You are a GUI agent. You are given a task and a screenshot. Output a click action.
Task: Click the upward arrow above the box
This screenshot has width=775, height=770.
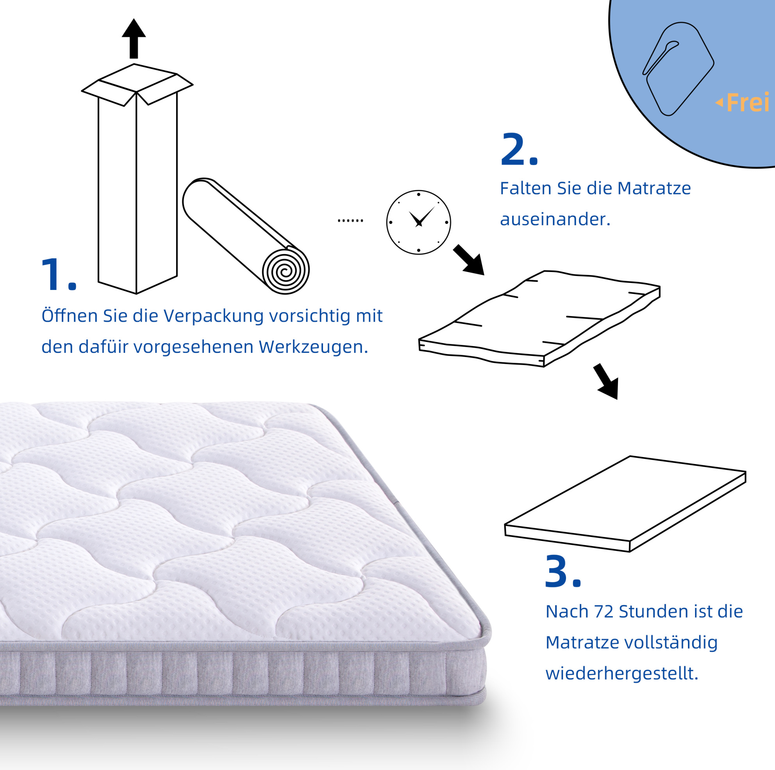[x=134, y=39]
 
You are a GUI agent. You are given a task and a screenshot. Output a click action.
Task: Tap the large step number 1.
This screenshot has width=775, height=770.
[x=59, y=275]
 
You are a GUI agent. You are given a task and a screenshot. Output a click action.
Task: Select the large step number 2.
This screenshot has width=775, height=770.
[x=519, y=149]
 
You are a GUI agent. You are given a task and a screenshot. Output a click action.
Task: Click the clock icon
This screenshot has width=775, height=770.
[x=418, y=222]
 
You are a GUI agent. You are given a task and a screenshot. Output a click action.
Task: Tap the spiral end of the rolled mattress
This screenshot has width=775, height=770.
[x=286, y=271]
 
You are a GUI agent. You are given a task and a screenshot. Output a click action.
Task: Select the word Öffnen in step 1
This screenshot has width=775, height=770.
[x=70, y=315]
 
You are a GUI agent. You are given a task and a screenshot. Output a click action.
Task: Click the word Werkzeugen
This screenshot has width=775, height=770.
[x=313, y=347]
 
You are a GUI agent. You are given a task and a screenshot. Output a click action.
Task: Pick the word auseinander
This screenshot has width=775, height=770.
[x=555, y=219]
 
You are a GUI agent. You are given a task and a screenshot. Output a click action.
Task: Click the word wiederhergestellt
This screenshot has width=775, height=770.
[x=622, y=673]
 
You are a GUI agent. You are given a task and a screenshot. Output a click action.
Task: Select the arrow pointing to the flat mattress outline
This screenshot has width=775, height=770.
[x=607, y=381]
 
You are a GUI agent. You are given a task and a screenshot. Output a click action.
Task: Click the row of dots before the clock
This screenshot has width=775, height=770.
[x=350, y=221]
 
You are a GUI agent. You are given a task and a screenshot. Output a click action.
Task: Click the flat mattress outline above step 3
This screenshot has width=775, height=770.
[x=625, y=504]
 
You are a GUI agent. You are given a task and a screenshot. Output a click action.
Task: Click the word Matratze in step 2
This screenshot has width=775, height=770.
[x=654, y=188]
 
